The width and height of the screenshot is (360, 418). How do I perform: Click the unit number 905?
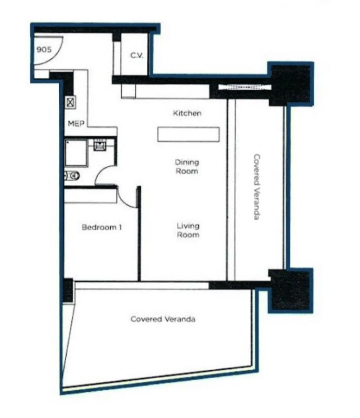[44, 50]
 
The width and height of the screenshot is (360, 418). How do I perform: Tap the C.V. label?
[137, 55]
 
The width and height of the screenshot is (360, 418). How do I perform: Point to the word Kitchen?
[187, 113]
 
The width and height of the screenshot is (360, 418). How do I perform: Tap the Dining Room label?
[187, 167]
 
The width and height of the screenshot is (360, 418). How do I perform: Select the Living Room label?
[188, 231]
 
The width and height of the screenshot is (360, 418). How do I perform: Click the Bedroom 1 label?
[102, 228]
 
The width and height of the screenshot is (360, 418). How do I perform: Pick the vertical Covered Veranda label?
[257, 187]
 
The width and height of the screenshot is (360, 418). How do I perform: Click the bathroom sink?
[100, 144]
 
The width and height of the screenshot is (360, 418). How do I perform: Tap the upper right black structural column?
[291, 84]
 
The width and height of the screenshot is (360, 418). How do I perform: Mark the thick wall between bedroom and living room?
[139, 233]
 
